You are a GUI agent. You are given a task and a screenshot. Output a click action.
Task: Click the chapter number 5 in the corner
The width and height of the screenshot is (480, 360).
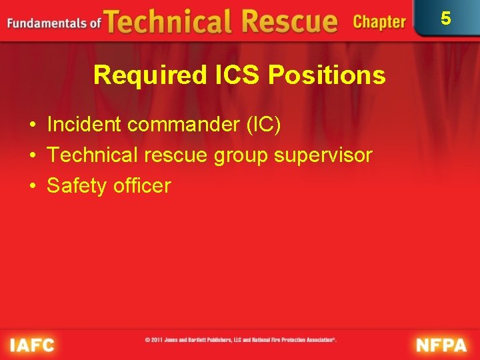coord(446,18)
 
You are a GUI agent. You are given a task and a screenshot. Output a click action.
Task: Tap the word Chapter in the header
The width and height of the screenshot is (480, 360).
coord(379,23)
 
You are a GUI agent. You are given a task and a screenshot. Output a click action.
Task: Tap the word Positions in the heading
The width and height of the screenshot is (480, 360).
coord(327,75)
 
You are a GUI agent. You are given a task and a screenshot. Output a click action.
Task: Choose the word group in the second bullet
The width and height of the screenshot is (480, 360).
coord(237,156)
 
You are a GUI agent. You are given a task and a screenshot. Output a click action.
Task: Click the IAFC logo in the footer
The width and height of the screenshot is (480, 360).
coord(32,345)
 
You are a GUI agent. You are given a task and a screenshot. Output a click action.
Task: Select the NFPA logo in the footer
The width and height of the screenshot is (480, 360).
coord(441,345)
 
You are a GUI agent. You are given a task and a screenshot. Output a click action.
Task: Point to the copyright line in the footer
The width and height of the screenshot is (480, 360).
coord(241,340)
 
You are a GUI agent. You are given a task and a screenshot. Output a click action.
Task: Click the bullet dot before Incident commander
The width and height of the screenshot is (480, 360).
coord(32,125)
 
